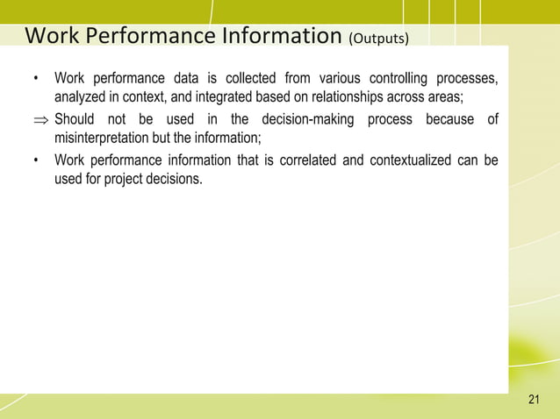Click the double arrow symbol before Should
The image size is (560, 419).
(40, 120)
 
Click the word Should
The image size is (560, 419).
(75, 119)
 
